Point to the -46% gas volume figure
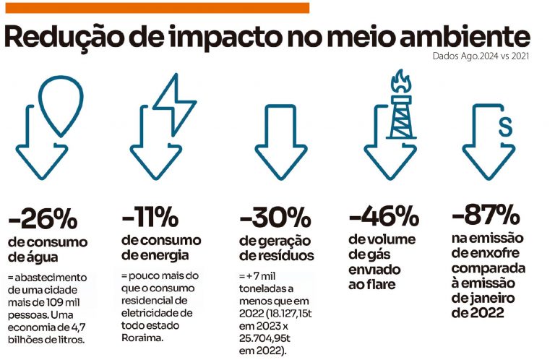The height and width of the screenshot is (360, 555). tap(384, 216)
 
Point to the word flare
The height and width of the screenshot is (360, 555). tap(388, 286)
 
